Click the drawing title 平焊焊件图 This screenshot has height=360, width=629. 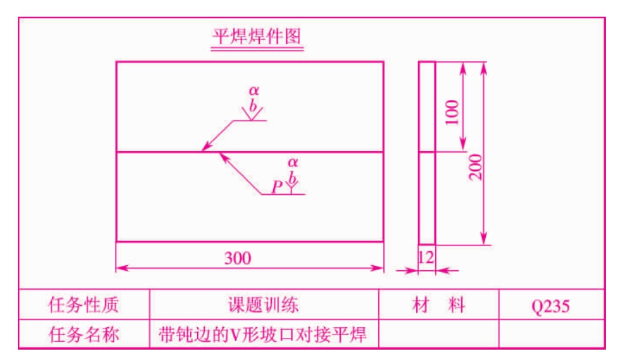click(x=257, y=37)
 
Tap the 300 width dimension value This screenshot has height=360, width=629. click(x=237, y=258)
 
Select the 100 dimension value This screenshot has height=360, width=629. click(x=452, y=112)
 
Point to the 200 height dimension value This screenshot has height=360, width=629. click(x=475, y=167)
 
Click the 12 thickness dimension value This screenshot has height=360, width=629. click(x=425, y=257)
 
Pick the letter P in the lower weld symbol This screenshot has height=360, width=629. click(x=277, y=187)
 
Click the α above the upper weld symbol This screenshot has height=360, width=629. click(x=254, y=90)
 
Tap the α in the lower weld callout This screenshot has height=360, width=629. click(x=293, y=162)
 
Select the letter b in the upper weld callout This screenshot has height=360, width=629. click(x=253, y=105)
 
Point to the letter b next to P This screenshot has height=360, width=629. click(x=293, y=177)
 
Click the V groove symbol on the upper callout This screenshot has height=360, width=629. click(x=252, y=114)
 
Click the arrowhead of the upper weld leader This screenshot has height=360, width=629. click(x=206, y=147)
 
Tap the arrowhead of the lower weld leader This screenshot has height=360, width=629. click(x=224, y=157)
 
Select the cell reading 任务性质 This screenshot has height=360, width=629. click(x=84, y=305)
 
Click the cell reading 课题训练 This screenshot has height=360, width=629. click(x=264, y=305)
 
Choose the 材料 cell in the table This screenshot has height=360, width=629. click(x=439, y=305)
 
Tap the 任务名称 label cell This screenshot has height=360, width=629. click(x=84, y=334)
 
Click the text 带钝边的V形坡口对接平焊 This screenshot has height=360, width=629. click(x=262, y=334)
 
